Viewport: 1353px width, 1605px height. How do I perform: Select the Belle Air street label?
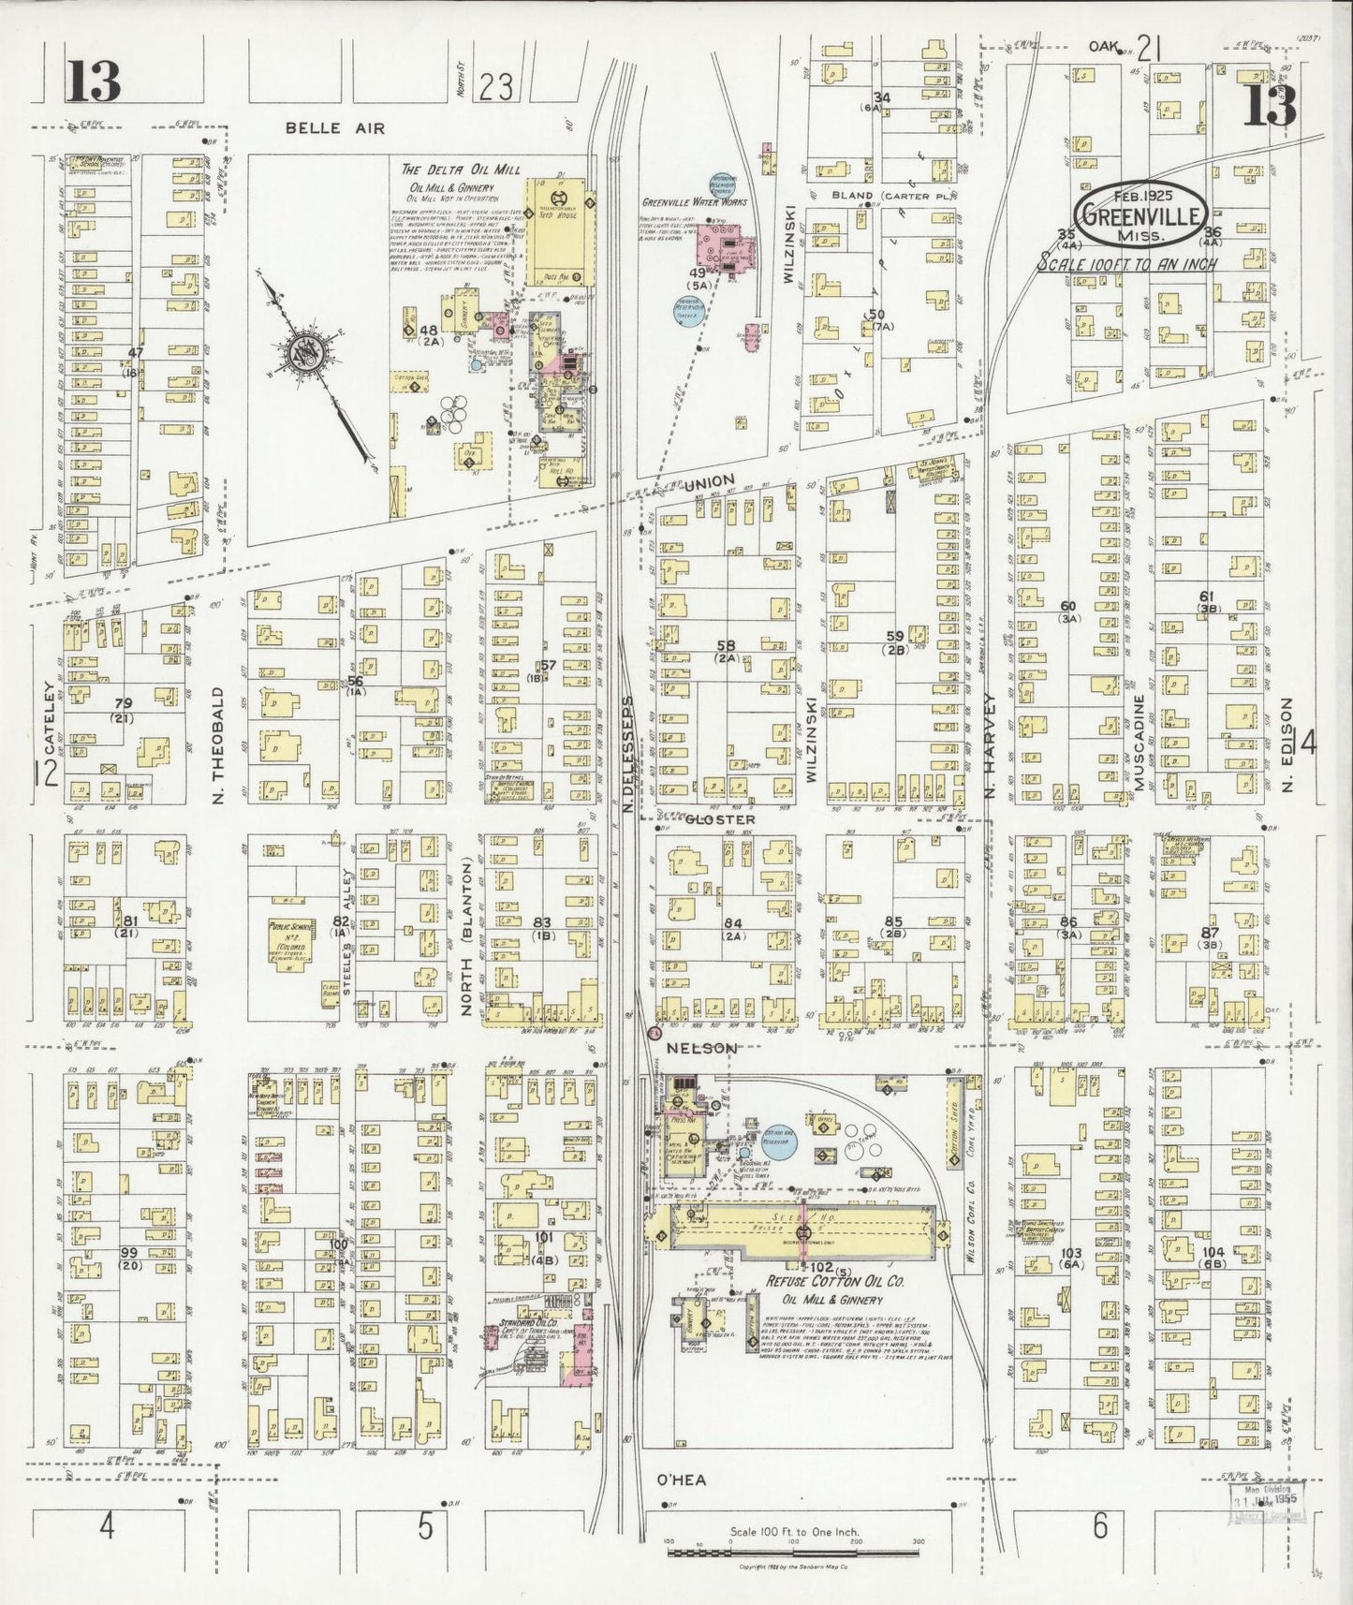(323, 128)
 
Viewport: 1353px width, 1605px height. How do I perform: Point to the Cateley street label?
(49, 740)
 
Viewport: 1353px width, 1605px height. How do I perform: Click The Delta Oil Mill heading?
(461, 169)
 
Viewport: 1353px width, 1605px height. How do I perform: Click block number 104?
(1213, 1251)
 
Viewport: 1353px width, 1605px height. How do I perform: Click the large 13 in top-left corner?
(93, 81)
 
